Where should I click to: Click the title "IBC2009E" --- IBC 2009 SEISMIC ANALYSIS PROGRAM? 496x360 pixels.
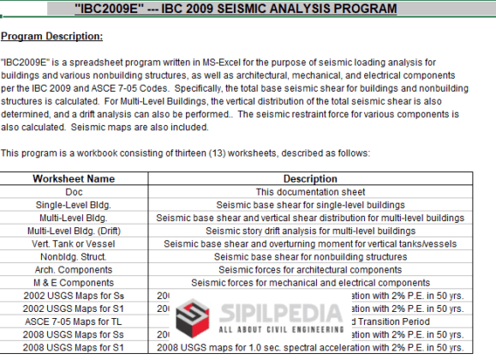click(x=248, y=9)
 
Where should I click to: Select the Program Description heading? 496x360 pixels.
click(x=51, y=36)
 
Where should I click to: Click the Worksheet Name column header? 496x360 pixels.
click(x=73, y=179)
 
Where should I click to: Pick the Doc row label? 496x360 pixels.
click(x=73, y=192)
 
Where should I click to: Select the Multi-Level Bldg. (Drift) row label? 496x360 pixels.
click(x=73, y=231)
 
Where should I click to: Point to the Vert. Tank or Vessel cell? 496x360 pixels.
click(x=73, y=243)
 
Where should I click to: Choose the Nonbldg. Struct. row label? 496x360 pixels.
click(x=73, y=256)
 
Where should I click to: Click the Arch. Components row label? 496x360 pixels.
click(x=73, y=269)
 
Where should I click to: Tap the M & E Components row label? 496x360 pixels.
click(x=73, y=282)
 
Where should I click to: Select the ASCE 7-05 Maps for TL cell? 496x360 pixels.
click(x=73, y=321)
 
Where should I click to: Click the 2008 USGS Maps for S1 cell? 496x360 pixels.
click(x=73, y=346)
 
